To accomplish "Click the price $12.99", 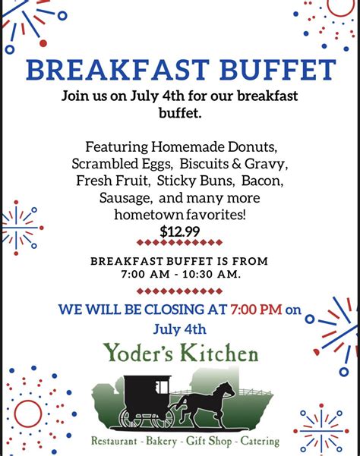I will point(180,231).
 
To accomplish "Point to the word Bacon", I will point(262,181).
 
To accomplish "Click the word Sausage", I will point(125,198).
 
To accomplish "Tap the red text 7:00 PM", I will point(256,310).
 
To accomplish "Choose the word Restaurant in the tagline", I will point(117,441).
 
